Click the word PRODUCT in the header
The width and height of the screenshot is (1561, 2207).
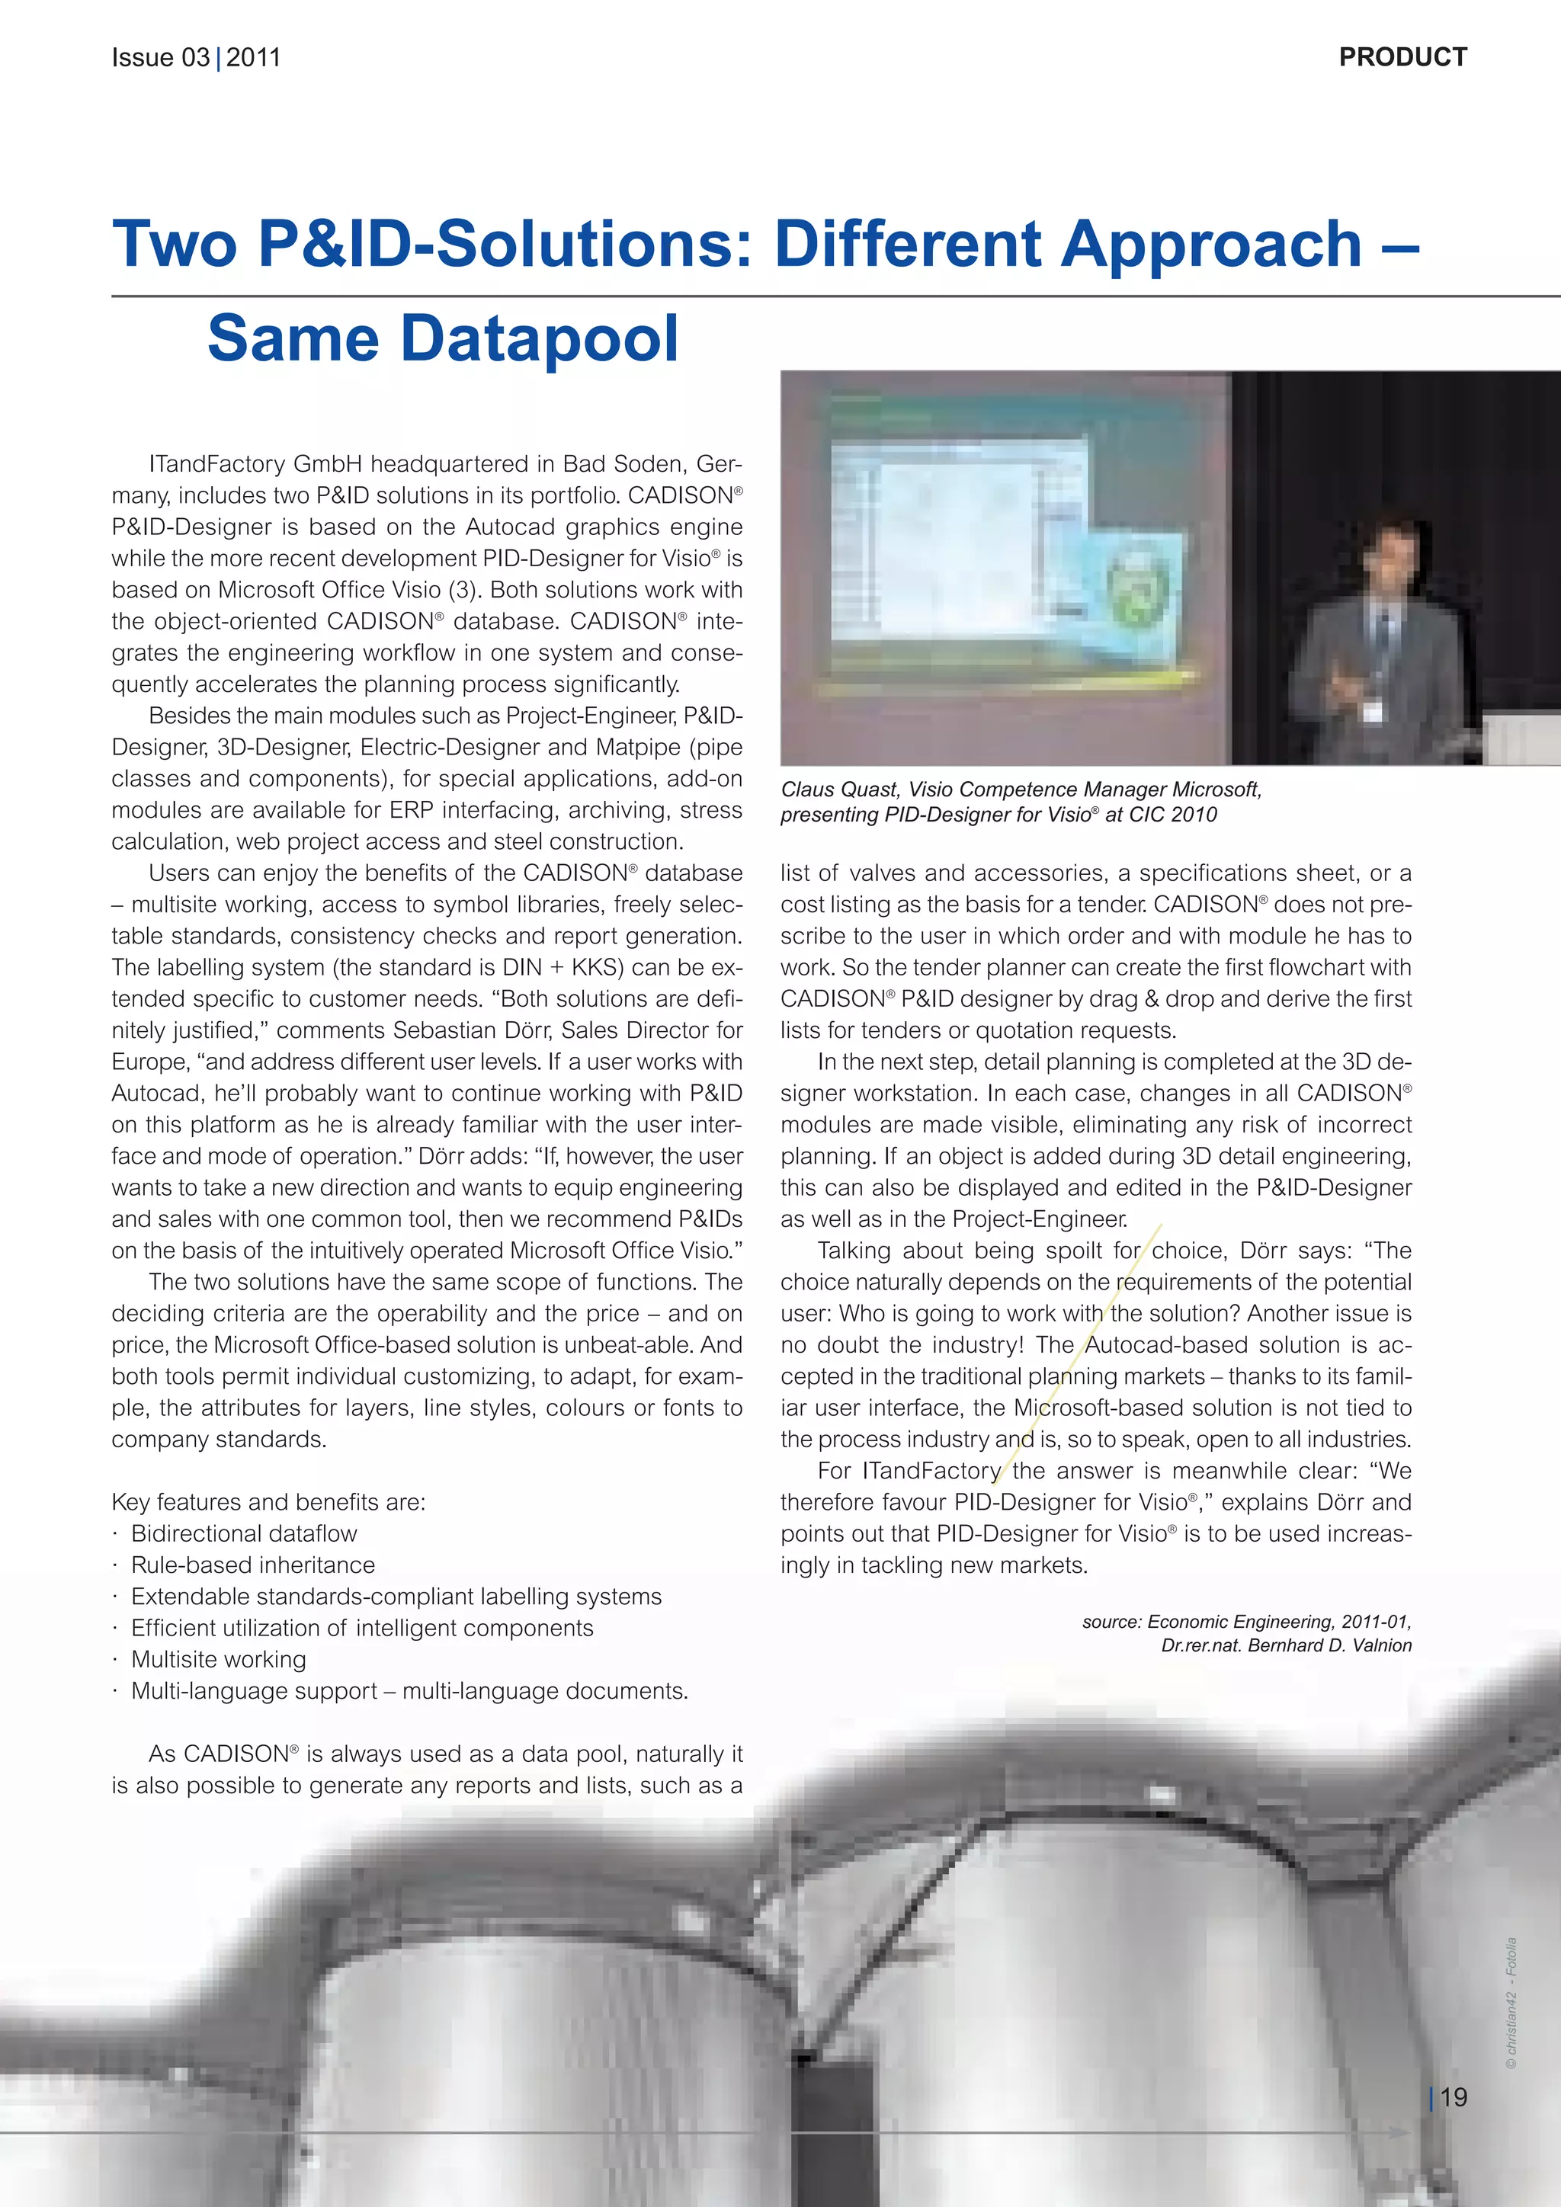point(1402,58)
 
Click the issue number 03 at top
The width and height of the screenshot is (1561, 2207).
point(195,58)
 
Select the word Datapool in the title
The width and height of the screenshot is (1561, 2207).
point(538,338)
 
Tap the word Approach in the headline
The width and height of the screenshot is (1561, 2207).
point(1211,243)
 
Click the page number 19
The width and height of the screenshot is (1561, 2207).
point(1454,2096)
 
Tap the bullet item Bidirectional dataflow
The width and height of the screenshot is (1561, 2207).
point(244,1533)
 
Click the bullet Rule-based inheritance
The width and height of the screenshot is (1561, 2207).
point(253,1565)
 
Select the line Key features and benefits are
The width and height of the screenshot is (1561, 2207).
point(268,1501)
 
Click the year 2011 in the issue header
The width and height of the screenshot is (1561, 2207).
point(254,58)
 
